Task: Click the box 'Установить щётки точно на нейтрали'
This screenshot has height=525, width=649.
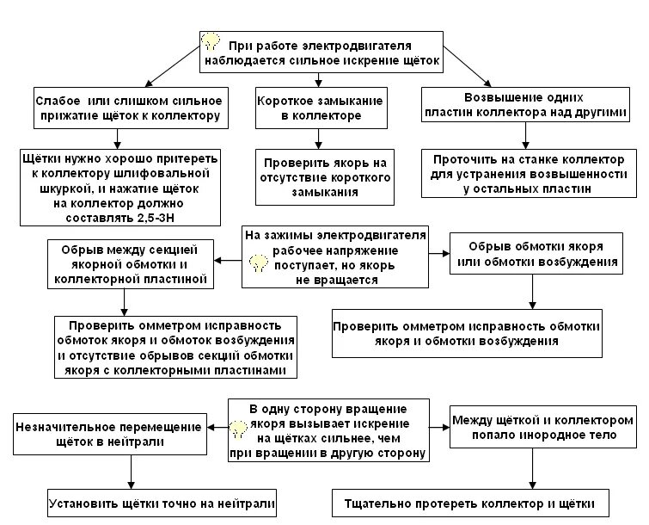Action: coord(131,501)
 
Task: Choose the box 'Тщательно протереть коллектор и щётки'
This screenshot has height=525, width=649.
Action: coord(476,501)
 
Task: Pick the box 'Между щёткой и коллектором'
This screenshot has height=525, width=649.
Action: coord(534,427)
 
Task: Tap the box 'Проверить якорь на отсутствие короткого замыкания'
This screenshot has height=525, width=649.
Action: coord(323,176)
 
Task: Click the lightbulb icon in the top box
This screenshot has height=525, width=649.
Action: coord(211,41)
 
